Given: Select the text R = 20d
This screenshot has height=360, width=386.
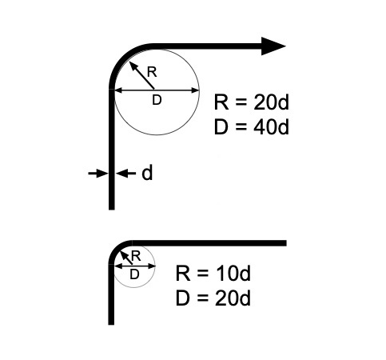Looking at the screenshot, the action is pos(252,102).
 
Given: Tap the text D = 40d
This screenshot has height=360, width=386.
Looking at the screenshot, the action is pos(252,126).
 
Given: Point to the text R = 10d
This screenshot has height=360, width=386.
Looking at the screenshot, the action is pos(213,273).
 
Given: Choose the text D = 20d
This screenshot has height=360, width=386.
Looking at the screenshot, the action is pos(213,298).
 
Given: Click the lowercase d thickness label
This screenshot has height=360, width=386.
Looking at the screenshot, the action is pos(147,173).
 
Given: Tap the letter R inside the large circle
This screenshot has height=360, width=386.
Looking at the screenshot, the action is pos(152,72).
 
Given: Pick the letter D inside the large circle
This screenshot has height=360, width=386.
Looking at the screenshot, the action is pos(157,100).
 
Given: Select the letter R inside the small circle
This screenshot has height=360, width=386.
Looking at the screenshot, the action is pos(136,256).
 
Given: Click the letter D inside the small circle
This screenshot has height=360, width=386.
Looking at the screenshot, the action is pos(134,274).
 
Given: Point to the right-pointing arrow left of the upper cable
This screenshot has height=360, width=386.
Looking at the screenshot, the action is pos(98,174).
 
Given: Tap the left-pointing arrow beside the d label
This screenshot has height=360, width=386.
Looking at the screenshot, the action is pos(125,174).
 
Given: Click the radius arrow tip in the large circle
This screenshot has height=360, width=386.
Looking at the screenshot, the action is pos(129,62).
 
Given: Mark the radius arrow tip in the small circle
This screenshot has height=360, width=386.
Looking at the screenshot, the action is pos(121,251).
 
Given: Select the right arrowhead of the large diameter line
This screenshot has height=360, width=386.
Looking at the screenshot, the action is pos(196,90).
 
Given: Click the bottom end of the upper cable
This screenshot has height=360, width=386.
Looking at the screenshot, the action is pos(112,210).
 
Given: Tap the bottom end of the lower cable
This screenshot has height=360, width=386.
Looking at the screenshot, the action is pos(111,325).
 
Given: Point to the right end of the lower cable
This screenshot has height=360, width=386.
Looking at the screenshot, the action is pos(286,243).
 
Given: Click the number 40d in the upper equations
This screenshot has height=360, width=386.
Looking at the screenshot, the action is pos(271,126).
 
